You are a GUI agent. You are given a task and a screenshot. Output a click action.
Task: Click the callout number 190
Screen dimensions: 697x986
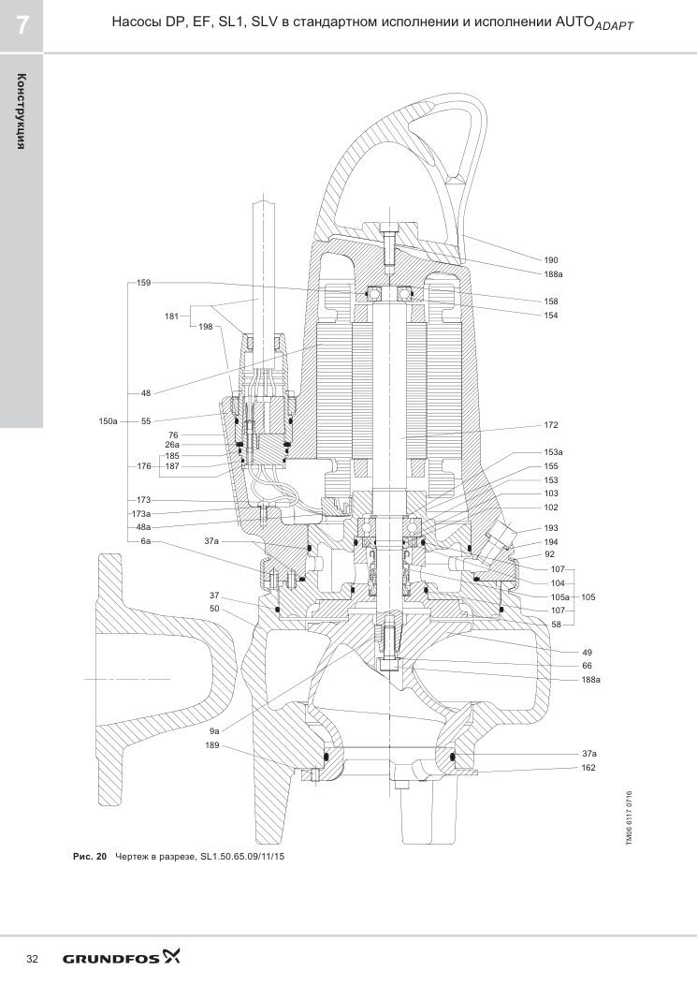(x=550, y=259)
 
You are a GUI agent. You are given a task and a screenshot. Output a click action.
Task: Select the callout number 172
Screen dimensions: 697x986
(x=550, y=425)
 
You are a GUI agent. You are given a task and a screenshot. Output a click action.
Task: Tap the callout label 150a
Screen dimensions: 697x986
(x=108, y=421)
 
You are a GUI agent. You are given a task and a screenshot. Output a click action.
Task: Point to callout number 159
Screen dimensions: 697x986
(x=143, y=283)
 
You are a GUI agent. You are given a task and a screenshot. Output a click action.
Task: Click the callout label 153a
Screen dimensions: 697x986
(x=553, y=452)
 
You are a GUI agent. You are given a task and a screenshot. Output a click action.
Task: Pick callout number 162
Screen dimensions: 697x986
(x=588, y=768)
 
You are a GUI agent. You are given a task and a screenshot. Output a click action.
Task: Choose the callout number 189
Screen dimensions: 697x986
(x=212, y=745)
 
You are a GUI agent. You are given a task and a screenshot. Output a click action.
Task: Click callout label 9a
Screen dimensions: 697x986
(x=214, y=731)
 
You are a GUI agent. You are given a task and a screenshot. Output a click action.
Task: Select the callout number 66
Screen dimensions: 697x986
(x=587, y=666)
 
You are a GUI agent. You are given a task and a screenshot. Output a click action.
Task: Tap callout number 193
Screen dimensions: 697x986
(x=550, y=528)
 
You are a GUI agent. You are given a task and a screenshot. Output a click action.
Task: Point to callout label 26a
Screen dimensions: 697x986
(x=172, y=445)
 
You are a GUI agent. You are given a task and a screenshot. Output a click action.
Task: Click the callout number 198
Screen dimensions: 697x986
(x=206, y=327)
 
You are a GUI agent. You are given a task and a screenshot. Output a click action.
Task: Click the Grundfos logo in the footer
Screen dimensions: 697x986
(x=121, y=958)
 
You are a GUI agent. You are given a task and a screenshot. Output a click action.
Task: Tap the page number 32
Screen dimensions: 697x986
(x=32, y=959)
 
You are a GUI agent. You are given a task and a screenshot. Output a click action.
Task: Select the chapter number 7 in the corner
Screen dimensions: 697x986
(x=22, y=26)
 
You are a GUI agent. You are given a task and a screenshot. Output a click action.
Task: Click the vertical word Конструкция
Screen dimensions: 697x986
(x=22, y=111)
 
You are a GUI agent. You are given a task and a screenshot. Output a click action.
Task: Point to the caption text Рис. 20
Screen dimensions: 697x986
(x=91, y=857)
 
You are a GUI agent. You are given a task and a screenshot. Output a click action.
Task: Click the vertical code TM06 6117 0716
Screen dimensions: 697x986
(x=629, y=818)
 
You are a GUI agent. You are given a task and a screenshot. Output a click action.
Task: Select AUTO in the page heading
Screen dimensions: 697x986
(x=574, y=22)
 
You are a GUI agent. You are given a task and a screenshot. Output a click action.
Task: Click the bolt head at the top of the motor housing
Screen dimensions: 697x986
(x=389, y=228)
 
